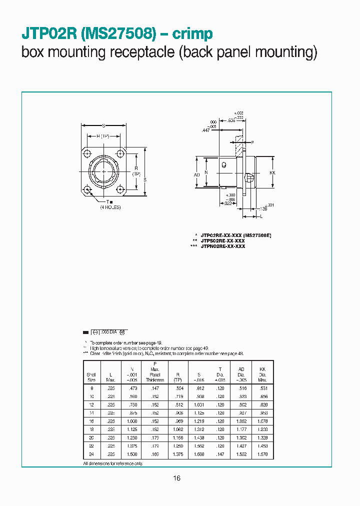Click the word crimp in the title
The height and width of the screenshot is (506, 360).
tap(192, 33)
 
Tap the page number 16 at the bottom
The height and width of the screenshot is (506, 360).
tap(176, 478)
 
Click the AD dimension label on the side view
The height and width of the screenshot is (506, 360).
tap(196, 174)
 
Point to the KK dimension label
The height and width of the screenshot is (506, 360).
tap(272, 173)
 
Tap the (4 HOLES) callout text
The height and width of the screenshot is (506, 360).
tap(110, 207)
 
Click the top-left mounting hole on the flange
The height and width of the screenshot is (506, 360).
tap(87, 153)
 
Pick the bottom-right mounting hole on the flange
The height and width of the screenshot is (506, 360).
tap(120, 189)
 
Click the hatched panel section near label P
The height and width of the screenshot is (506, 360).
tap(239, 147)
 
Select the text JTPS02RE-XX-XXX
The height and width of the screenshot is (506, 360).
tap(222, 240)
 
